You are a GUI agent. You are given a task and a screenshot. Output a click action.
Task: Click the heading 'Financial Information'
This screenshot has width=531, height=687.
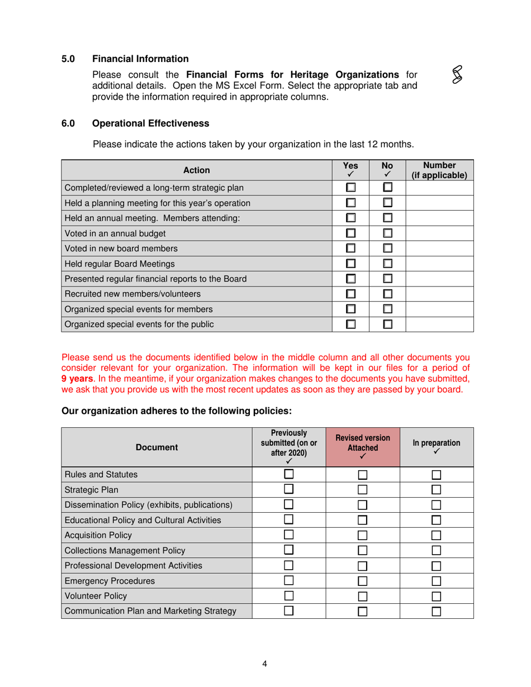pos(140,59)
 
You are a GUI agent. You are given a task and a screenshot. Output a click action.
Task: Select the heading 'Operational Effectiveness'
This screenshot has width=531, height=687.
pos(150,123)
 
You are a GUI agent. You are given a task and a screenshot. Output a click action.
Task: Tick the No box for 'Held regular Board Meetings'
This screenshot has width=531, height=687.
pos(387,263)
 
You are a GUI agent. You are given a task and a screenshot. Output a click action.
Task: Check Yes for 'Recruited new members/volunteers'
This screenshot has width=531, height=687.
pos(350,293)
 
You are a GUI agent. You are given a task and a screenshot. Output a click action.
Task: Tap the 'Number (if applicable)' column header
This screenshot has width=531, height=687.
pos(439,170)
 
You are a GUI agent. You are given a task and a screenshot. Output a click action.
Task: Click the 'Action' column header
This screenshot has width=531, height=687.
pos(196,170)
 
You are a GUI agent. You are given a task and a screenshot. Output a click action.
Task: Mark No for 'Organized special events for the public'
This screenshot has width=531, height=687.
pos(387,323)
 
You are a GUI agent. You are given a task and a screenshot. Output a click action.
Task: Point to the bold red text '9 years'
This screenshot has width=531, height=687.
pos(77,379)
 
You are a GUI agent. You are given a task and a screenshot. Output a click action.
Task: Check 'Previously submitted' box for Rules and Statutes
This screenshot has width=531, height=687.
pos(289,475)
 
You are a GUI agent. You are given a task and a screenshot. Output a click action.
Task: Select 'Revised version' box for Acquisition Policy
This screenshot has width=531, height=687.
pos(363,536)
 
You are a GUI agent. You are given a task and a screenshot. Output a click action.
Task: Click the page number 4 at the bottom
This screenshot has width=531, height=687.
pos(265,664)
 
